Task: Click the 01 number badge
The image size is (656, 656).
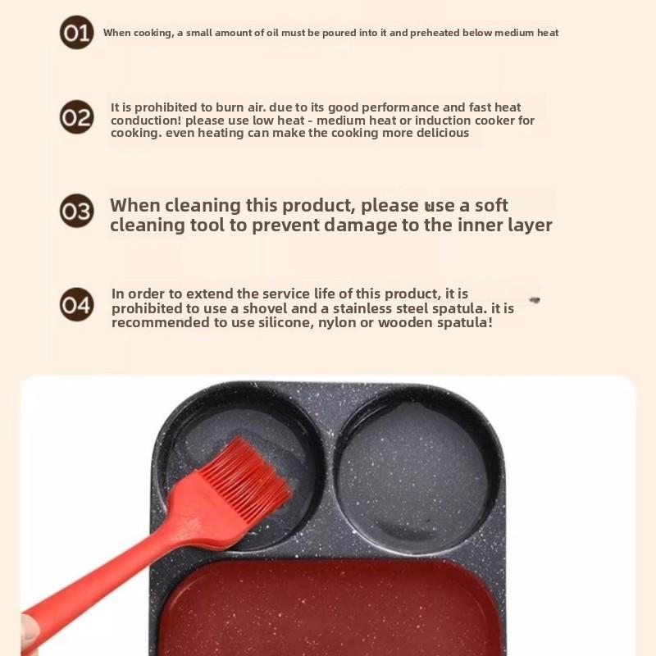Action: coord(76,33)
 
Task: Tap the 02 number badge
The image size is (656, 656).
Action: coord(76,117)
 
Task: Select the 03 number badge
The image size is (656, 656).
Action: coord(76,211)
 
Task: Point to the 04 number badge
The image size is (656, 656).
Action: coord(76,304)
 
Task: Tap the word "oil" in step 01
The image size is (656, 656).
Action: coord(278,33)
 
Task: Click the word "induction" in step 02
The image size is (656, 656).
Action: coord(449,121)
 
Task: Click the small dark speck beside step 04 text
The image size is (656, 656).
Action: coord(535,300)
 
